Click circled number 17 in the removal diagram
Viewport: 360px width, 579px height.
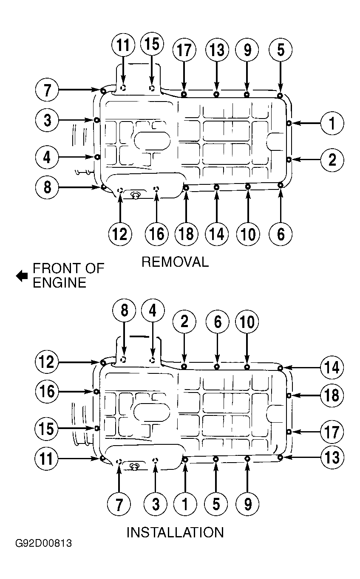point(184,50)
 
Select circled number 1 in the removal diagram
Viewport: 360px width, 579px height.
point(332,123)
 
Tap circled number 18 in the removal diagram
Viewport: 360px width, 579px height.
point(186,234)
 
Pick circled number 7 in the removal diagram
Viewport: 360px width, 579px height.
point(47,90)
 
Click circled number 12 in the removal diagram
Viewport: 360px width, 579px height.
point(120,234)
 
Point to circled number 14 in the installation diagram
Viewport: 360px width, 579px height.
point(332,367)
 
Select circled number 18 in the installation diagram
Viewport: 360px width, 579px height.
point(332,395)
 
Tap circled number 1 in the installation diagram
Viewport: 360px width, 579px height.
point(185,504)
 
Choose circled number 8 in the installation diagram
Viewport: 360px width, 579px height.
point(125,310)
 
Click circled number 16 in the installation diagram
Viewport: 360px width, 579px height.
point(47,391)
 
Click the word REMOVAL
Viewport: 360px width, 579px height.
point(175,262)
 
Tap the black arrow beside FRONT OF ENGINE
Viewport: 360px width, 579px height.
point(22,276)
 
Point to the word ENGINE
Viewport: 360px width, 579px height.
point(60,282)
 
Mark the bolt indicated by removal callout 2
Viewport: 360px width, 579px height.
point(289,159)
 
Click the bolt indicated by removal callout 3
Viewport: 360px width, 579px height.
point(96,120)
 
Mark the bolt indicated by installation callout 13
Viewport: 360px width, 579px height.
point(280,457)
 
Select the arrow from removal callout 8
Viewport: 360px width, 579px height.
point(79,187)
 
